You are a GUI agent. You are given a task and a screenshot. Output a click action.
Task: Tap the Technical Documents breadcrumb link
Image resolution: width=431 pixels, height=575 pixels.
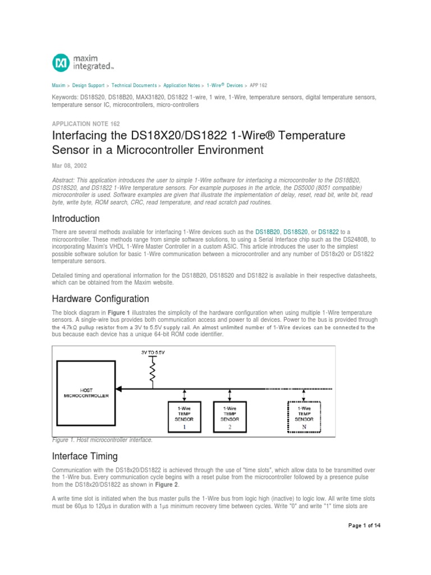click(134, 85)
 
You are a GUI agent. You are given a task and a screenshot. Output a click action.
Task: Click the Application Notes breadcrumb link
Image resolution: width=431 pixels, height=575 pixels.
click(181, 85)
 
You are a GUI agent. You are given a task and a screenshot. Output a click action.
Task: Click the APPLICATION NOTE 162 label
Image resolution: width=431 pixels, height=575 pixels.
click(85, 124)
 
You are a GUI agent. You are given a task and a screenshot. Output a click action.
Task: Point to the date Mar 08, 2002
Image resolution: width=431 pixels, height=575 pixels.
click(70, 166)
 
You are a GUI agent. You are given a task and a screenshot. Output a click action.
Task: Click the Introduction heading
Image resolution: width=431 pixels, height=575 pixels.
click(76, 218)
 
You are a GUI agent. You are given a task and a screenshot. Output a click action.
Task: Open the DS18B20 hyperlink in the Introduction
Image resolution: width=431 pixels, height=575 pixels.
click(268, 232)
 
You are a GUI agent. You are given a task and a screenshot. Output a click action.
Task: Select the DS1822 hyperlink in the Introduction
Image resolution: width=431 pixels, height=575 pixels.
click(328, 232)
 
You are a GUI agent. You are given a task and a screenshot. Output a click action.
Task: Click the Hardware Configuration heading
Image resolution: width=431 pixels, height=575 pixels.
click(100, 299)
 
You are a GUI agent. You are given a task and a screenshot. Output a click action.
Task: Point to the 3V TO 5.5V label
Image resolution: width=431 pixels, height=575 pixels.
click(152, 353)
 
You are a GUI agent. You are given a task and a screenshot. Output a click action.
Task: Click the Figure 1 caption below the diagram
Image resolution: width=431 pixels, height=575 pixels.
click(102, 440)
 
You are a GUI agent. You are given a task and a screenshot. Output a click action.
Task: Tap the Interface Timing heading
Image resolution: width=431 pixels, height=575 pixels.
click(85, 455)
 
